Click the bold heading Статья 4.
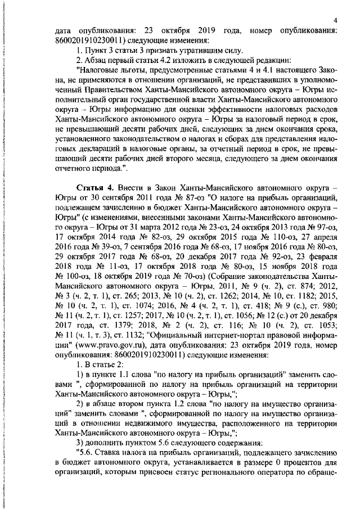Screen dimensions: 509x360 coord(93,186)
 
